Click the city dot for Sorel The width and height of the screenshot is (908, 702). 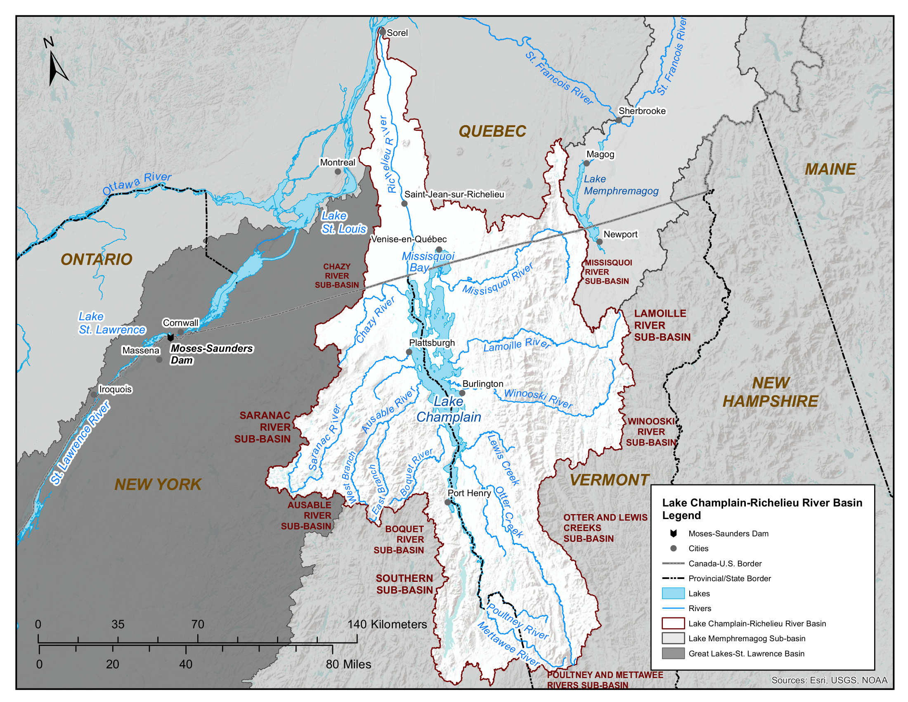click(x=382, y=32)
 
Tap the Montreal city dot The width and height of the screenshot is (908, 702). click(x=338, y=171)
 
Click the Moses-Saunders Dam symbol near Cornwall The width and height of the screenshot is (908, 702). click(x=170, y=337)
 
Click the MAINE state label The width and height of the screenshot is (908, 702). click(x=830, y=169)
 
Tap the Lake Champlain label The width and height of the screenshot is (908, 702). click(x=449, y=409)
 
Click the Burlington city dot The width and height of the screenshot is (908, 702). click(x=462, y=393)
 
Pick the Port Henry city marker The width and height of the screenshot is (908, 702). click(x=448, y=503)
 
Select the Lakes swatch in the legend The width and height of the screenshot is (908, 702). click(x=673, y=593)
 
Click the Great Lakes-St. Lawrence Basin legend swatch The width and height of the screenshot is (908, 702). click(x=673, y=653)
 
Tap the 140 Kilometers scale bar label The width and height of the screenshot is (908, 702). click(x=387, y=624)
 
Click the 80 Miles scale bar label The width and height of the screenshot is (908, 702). click(x=348, y=664)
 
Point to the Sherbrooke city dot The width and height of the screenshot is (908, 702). click(x=619, y=120)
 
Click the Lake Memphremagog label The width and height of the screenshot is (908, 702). click(x=621, y=185)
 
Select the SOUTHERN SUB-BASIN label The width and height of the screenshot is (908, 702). click(x=404, y=584)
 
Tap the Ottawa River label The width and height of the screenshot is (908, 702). click(x=137, y=183)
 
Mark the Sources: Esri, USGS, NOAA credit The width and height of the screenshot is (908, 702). click(x=829, y=680)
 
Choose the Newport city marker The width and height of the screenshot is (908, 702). click(x=599, y=242)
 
